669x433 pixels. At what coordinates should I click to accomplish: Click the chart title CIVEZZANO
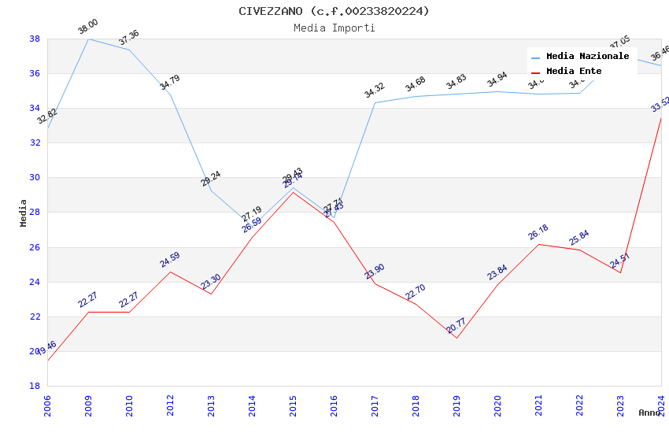click(x=334, y=11)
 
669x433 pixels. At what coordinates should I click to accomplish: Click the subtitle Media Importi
click(x=334, y=28)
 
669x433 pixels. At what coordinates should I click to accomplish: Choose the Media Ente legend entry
click(x=574, y=72)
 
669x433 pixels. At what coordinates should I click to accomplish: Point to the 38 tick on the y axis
click(x=35, y=39)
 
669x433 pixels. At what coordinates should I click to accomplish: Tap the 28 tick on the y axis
click(x=35, y=213)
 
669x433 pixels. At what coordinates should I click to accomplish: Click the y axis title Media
click(x=24, y=213)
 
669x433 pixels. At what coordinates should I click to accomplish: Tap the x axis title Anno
click(x=649, y=413)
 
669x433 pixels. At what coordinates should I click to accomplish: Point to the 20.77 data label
click(x=456, y=325)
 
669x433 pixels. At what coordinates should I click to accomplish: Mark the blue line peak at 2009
click(x=88, y=39)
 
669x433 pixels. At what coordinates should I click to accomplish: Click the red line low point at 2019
click(x=456, y=338)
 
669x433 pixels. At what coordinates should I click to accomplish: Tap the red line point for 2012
click(x=170, y=272)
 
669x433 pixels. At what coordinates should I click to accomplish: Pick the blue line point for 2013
click(x=211, y=191)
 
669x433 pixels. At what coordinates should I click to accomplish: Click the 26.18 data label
click(x=538, y=232)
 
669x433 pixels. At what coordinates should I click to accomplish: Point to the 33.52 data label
click(x=660, y=105)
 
